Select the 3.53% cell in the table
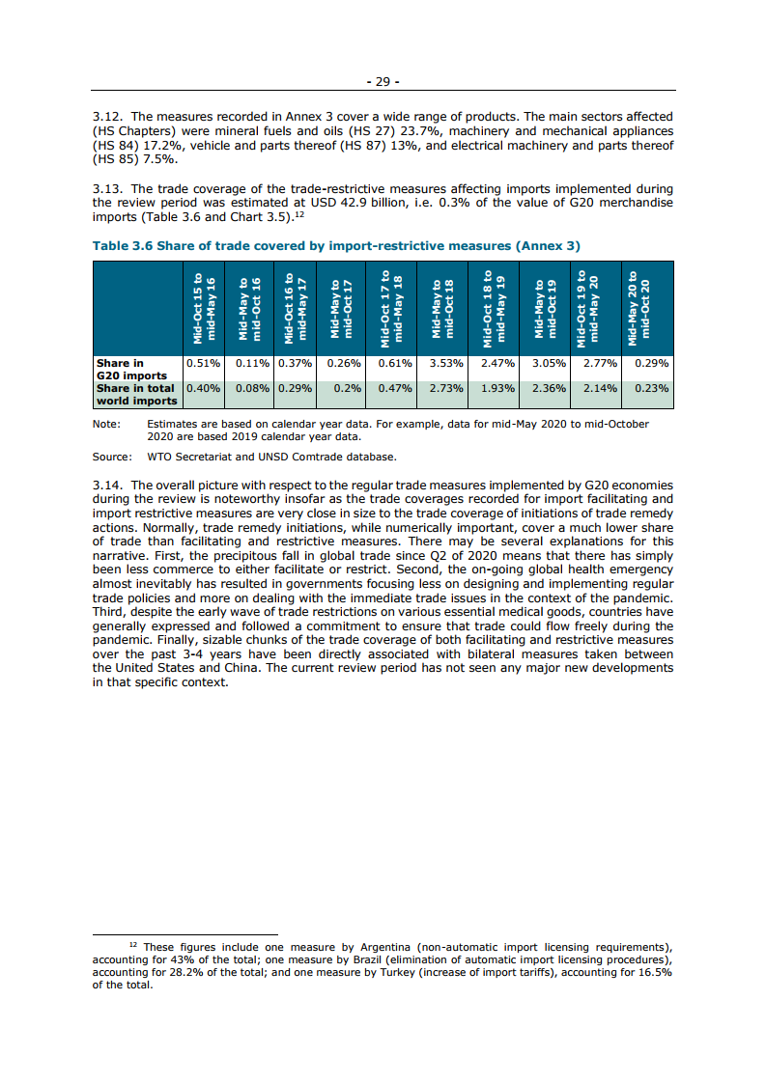447,363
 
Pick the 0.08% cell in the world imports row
252,388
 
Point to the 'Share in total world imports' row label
136,394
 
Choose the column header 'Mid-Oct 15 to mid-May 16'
204,308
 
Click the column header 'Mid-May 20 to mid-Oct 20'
644,308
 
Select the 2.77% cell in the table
599,363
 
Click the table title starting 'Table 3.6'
336,245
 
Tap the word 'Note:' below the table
106,424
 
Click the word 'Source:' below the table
112,457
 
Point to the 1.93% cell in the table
497,388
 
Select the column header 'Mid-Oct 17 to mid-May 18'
391,308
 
